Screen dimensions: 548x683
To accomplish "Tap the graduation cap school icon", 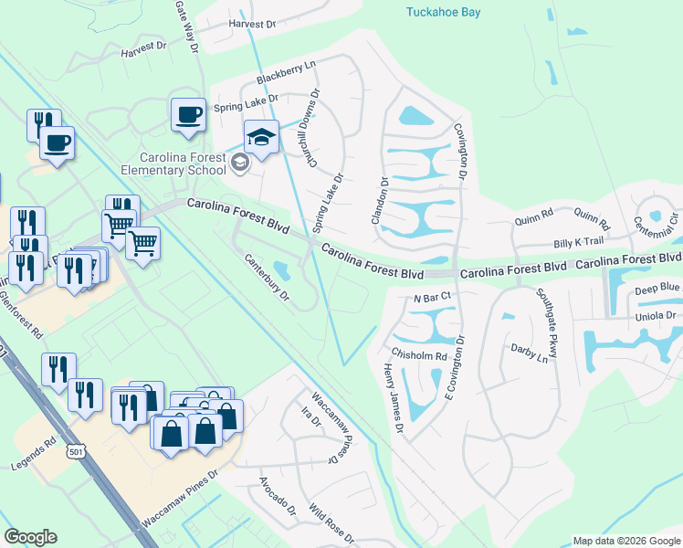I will [261, 138].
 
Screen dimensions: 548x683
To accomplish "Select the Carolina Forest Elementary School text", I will [182, 163].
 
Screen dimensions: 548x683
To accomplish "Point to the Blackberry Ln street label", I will [285, 73].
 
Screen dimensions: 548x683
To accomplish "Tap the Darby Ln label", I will [530, 353].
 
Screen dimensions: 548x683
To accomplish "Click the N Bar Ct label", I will [433, 298].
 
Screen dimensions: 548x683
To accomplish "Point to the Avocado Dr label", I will [278, 493].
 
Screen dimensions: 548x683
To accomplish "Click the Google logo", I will [30, 537].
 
